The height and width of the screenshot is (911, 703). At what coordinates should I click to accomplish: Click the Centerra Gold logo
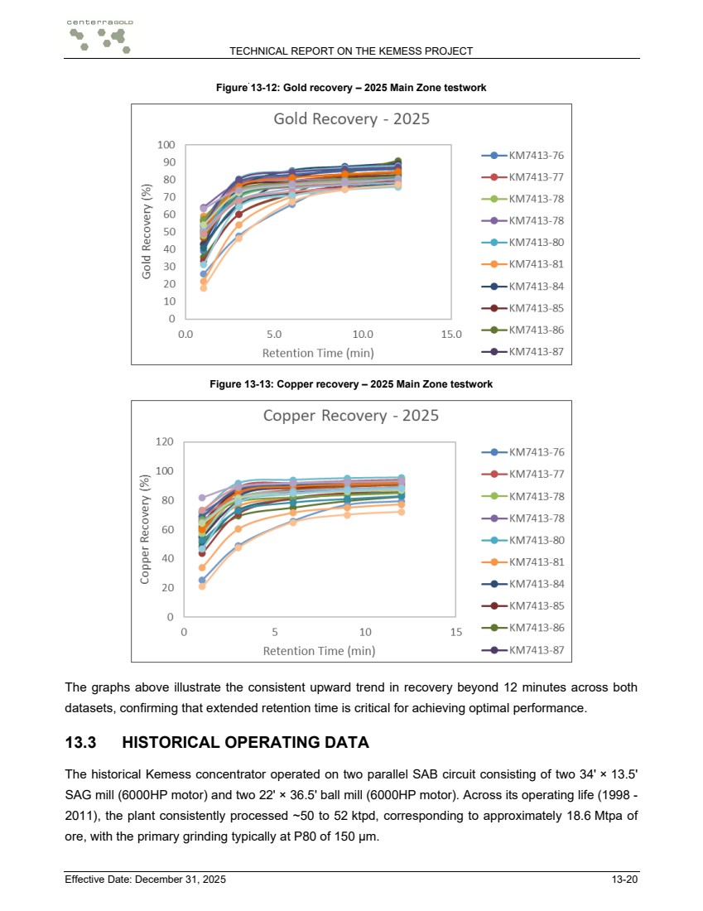pyautogui.click(x=100, y=36)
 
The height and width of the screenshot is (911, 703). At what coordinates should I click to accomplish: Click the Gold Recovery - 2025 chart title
pyautogui.click(x=351, y=119)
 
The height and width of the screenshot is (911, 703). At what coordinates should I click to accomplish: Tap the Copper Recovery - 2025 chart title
pyautogui.click(x=351, y=416)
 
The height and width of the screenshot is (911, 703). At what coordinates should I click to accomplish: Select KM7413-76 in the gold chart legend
pyautogui.click(x=522, y=156)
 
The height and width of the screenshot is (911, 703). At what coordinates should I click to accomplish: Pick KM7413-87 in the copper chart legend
pyautogui.click(x=522, y=650)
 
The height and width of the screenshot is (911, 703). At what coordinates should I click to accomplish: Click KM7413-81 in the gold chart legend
pyautogui.click(x=522, y=264)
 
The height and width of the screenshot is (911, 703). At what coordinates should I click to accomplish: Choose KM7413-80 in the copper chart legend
pyautogui.click(x=522, y=540)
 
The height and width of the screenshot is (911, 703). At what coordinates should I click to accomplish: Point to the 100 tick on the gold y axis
pyautogui.click(x=166, y=145)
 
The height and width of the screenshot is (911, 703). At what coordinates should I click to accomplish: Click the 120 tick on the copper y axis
pyautogui.click(x=165, y=441)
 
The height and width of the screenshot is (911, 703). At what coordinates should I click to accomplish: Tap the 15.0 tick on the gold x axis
pyautogui.click(x=451, y=335)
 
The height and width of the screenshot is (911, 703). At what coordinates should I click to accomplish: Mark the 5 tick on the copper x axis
pyautogui.click(x=275, y=632)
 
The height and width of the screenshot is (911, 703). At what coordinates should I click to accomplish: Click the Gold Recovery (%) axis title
pyautogui.click(x=147, y=231)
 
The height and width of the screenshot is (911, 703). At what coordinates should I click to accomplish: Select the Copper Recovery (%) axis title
pyautogui.click(x=145, y=528)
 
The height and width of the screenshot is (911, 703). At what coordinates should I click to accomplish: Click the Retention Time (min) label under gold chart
pyautogui.click(x=318, y=354)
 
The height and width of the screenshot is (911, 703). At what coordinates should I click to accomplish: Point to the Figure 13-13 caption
pyautogui.click(x=351, y=384)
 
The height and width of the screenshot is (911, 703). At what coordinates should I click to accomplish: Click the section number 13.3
pyautogui.click(x=81, y=743)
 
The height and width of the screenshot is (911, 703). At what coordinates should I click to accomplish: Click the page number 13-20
pyautogui.click(x=624, y=880)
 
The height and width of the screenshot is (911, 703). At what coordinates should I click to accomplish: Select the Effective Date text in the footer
pyautogui.click(x=145, y=880)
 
